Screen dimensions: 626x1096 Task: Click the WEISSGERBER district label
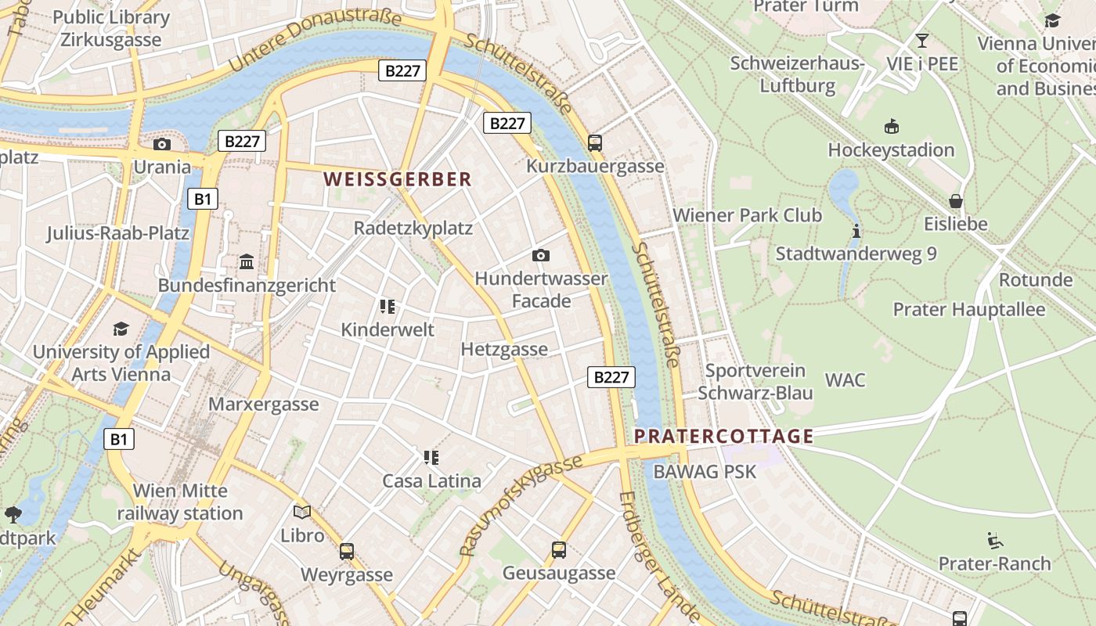[x=398, y=179]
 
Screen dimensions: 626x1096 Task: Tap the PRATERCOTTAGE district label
[x=723, y=436]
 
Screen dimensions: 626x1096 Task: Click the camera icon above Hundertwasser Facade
[x=540, y=255]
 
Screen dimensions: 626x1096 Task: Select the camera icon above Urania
[x=162, y=144]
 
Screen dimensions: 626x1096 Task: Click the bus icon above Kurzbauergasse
[x=595, y=142]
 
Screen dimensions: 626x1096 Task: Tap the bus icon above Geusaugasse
[x=558, y=550]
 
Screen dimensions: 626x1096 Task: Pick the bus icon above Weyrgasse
[x=347, y=551]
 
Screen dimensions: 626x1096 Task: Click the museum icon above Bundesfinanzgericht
[x=247, y=261]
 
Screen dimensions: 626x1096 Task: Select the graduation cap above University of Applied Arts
[x=121, y=329]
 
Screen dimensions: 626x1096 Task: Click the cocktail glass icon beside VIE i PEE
[x=922, y=40]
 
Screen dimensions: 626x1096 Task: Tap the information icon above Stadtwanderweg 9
[x=856, y=231]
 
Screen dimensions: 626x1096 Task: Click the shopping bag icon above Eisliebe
[x=955, y=201]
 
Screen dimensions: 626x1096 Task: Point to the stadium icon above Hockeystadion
[x=891, y=127]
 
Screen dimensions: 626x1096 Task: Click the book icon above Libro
[x=302, y=513]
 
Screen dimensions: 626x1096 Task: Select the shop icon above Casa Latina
[x=431, y=457]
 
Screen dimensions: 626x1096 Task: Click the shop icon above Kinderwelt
[x=387, y=306]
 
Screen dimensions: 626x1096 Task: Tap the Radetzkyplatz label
[x=413, y=228]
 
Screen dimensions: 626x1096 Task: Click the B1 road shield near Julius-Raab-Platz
[x=202, y=199]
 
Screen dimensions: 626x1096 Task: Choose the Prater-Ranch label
[x=994, y=563]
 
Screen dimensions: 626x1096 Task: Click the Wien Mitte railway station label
[x=180, y=502]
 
